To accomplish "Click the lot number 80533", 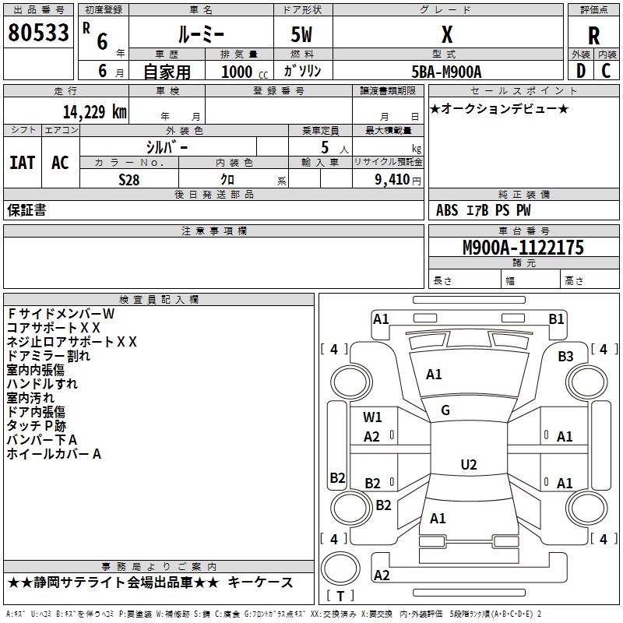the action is tap(38, 32).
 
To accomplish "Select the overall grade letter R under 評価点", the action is tap(593, 36).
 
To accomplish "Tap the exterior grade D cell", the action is tap(581, 71).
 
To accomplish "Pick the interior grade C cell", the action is tap(606, 71).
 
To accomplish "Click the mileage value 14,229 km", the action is tap(94, 111).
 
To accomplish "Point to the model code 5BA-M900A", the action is tap(446, 72).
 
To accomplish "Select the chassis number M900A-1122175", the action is tap(523, 248).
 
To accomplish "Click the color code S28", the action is tap(129, 180).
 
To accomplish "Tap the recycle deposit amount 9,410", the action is tap(392, 180).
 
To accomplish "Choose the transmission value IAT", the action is tap(23, 163).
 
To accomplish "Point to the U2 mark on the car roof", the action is tap(469, 464).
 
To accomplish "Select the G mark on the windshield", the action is tap(445, 410).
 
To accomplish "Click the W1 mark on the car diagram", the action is tap(372, 417).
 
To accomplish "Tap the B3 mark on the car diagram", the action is tap(565, 357).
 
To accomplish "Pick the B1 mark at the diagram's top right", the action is tap(556, 319).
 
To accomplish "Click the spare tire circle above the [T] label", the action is tap(340, 568).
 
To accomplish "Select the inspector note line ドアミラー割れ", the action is tap(48, 356).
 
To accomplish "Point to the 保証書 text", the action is tap(26, 210).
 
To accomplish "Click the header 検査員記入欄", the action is tap(159, 300).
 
